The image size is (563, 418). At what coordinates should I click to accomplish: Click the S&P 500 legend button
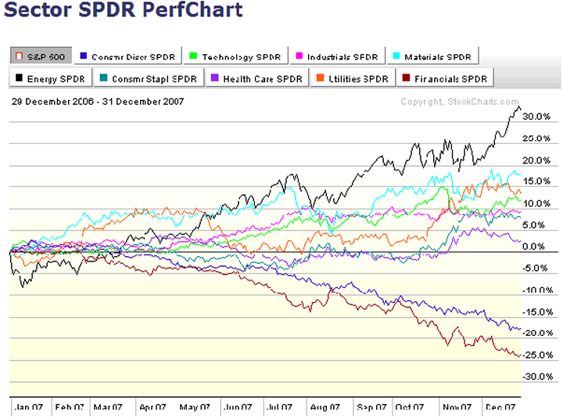point(41,56)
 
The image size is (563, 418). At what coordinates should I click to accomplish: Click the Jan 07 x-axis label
point(29,407)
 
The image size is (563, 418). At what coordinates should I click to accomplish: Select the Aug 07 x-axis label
point(325,407)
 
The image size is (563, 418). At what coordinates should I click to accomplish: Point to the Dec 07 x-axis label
point(499,407)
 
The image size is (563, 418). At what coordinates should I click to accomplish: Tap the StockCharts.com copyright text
point(460,102)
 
